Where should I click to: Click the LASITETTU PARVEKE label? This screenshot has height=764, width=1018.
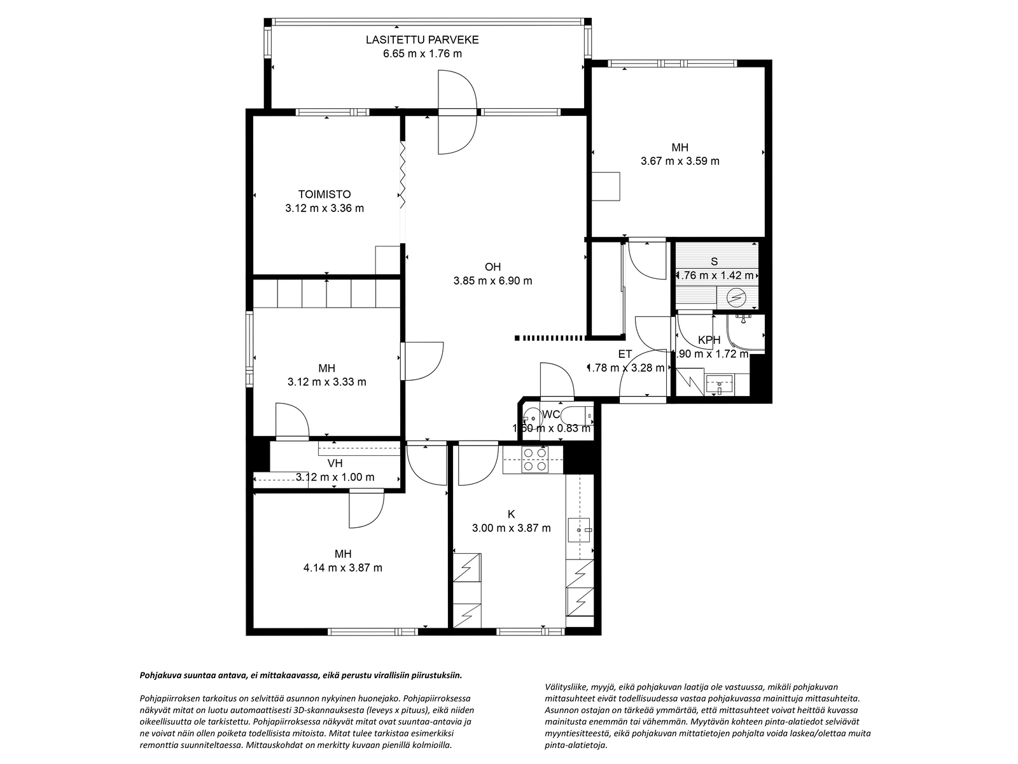click(x=422, y=39)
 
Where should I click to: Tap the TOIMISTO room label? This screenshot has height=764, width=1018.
click(x=324, y=194)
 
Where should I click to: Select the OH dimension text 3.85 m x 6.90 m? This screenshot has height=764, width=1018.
click(x=492, y=280)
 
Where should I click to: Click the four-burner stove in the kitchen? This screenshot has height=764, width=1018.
click(x=534, y=460)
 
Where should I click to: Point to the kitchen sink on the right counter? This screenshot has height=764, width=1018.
click(x=580, y=529)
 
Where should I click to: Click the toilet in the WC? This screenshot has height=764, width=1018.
click(x=580, y=414)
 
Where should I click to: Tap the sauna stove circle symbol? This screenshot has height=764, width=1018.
click(x=737, y=297)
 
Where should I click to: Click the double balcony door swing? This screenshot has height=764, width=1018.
click(x=457, y=112)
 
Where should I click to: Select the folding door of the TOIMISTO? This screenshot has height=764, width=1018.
click(x=402, y=175)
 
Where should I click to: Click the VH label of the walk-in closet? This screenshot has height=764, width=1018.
click(x=335, y=463)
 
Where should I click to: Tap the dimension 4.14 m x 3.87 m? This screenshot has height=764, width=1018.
click(x=343, y=567)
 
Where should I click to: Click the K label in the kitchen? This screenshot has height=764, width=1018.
click(x=511, y=514)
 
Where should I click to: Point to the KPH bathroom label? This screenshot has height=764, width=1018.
click(x=709, y=340)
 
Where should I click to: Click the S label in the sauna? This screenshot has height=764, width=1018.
click(x=715, y=261)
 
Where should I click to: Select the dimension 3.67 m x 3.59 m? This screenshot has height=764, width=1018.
click(x=680, y=161)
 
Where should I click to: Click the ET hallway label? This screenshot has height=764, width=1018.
click(x=625, y=354)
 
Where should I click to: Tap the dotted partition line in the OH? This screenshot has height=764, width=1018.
click(x=550, y=337)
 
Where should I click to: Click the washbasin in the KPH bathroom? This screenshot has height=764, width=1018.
click(x=720, y=384)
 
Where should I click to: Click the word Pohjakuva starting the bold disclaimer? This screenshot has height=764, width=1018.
click(x=162, y=675)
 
